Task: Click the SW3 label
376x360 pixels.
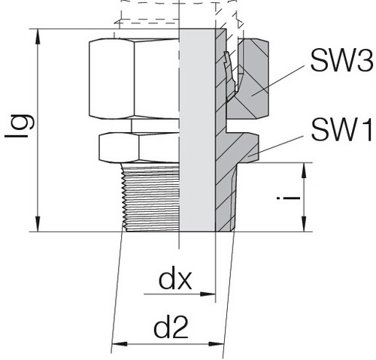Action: (x=341, y=60)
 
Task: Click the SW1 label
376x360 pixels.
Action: (x=341, y=130)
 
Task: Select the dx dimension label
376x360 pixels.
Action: (x=175, y=280)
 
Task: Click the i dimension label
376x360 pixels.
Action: (x=288, y=198)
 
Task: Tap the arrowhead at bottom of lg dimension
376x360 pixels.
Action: (x=38, y=224)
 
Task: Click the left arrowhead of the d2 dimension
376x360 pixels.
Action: (x=120, y=344)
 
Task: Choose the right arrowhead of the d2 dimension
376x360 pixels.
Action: (x=216, y=344)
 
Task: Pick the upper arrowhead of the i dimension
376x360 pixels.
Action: (x=304, y=171)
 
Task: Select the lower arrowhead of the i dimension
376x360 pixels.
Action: (x=304, y=224)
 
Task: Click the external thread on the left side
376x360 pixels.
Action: (x=150, y=197)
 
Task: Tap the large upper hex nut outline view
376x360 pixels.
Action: (x=134, y=78)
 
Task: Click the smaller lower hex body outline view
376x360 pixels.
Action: (x=139, y=147)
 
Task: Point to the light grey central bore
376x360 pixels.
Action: (x=197, y=130)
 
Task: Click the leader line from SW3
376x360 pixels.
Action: (x=280, y=80)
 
